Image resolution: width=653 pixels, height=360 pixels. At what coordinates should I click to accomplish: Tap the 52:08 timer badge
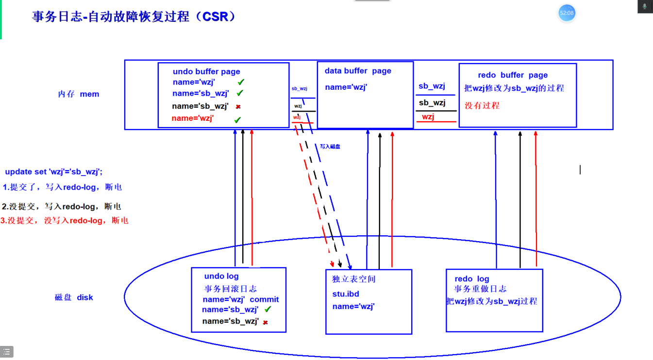point(567,13)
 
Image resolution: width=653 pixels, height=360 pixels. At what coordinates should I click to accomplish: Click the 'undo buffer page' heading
point(206,72)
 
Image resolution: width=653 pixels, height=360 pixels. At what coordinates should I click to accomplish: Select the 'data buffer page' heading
point(358,71)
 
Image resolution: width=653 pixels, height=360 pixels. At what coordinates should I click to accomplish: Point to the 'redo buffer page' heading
point(513,75)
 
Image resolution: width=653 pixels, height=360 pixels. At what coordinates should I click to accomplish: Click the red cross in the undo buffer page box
point(238,107)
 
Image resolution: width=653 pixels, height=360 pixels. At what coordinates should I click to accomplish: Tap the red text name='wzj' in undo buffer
point(193,118)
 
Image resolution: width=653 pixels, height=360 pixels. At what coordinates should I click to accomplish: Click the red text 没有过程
point(482,105)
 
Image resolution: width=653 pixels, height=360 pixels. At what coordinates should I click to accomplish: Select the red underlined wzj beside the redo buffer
point(428,117)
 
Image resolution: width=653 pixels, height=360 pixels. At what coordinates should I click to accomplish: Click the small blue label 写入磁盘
point(330,146)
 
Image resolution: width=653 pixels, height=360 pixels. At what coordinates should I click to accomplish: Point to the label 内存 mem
point(79,94)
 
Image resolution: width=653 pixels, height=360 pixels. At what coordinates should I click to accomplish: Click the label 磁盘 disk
point(74,297)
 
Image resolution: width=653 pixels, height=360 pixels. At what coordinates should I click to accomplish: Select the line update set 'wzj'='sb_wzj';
point(54,172)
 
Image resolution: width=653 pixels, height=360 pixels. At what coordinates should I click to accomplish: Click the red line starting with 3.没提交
point(65,221)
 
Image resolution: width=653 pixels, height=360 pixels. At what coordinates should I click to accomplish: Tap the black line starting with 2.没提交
point(61,207)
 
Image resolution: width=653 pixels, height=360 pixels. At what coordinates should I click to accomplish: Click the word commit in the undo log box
point(264,299)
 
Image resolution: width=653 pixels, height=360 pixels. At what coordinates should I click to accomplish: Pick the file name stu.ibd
point(346,294)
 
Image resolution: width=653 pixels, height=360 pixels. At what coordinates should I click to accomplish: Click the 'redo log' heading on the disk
point(471,279)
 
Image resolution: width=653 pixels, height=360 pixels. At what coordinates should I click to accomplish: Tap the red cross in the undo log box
point(265,322)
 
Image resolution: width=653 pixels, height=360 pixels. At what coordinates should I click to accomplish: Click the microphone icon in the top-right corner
point(645,6)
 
